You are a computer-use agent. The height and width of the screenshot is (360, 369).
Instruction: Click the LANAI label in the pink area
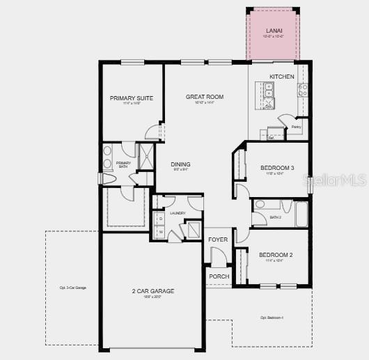coord(274,31)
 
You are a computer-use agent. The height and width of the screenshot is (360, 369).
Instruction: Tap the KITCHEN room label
coord(282,77)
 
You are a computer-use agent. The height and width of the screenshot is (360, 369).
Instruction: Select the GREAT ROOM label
coord(205,97)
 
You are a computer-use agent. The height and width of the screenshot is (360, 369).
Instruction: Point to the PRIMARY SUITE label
coord(132,98)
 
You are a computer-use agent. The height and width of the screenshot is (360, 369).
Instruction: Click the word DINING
coord(181,164)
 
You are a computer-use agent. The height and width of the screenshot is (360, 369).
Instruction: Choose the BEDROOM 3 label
coord(277,168)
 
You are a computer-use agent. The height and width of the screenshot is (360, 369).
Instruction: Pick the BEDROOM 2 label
coord(276,255)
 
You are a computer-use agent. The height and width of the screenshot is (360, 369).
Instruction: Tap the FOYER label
coord(218,240)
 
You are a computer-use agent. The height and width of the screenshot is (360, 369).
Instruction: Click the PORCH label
coord(219,276)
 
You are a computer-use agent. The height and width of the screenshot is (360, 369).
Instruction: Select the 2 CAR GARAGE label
coord(153,291)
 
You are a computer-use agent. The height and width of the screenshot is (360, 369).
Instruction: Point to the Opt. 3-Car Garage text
coord(73,288)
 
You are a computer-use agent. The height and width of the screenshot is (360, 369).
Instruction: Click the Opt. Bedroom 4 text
coord(272,318)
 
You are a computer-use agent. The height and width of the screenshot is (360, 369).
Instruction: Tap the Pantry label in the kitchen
coord(296,127)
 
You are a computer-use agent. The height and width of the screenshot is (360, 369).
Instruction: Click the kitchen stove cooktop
coord(303,90)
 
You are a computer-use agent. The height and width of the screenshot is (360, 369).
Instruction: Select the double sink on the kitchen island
coord(269,90)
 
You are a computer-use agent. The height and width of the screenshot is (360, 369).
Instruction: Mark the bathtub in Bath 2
coord(301,214)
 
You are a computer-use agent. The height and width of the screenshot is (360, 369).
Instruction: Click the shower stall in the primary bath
coord(147,157)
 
